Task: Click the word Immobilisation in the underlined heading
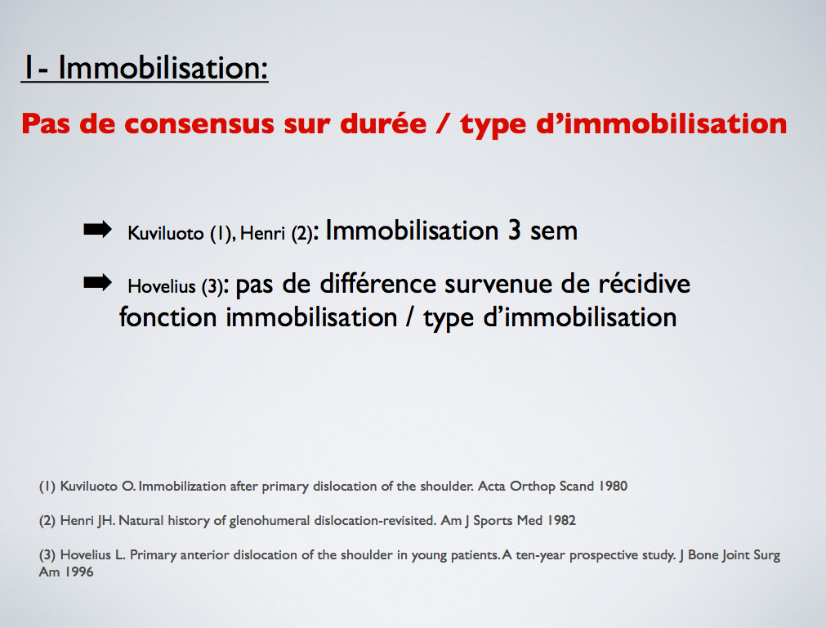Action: (x=163, y=68)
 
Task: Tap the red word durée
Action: (x=383, y=124)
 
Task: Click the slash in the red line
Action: (x=443, y=124)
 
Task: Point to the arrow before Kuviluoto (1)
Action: (x=97, y=230)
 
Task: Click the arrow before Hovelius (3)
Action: (x=97, y=283)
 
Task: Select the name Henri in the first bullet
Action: (x=262, y=233)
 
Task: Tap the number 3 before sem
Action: (x=515, y=231)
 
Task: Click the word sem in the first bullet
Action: (x=554, y=232)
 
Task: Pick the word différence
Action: (x=377, y=284)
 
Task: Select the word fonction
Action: (x=168, y=317)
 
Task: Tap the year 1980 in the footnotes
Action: (x=613, y=486)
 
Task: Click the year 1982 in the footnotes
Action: (x=561, y=520)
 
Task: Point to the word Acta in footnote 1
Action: (x=492, y=486)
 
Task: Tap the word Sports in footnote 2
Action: (x=493, y=521)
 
